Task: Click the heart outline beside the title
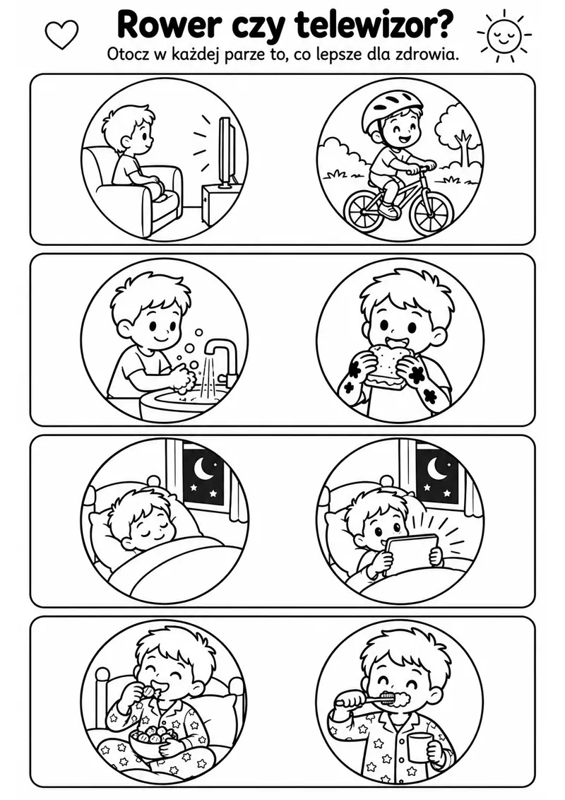click(x=61, y=34)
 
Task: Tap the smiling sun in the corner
click(x=504, y=34)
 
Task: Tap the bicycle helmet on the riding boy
click(x=390, y=111)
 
